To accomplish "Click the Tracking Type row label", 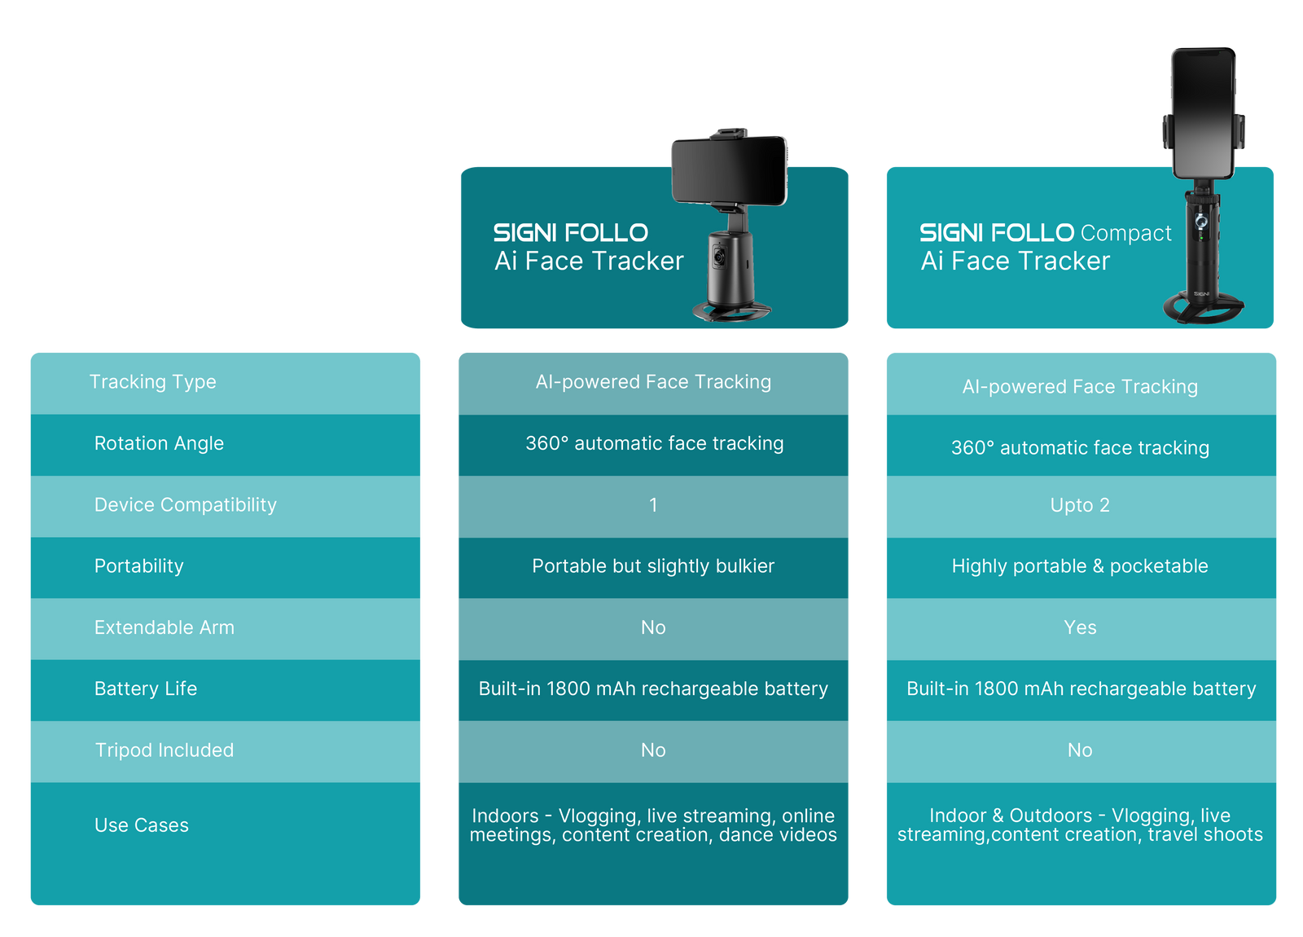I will pyautogui.click(x=152, y=382).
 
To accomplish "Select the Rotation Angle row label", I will pyautogui.click(x=159, y=443).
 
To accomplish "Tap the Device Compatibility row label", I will pyautogui.click(x=185, y=505).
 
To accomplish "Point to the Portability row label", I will pyautogui.click(x=138, y=566).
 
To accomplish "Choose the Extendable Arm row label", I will pyautogui.click(x=164, y=627).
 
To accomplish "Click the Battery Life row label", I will pyautogui.click(x=145, y=688).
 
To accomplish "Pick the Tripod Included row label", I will pyautogui.click(x=164, y=750).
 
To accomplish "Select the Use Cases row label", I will pyautogui.click(x=141, y=825).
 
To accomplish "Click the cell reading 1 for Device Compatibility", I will pyautogui.click(x=653, y=505).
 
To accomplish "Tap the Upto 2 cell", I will pyautogui.click(x=1080, y=505).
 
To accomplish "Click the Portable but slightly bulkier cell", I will pyautogui.click(x=653, y=566).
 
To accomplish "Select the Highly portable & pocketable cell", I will pyautogui.click(x=1080, y=566).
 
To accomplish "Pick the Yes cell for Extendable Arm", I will pyautogui.click(x=1080, y=627).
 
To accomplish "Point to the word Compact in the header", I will pyautogui.click(x=1125, y=234).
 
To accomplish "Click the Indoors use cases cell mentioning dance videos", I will pyautogui.click(x=653, y=825).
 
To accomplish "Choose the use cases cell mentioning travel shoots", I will pyautogui.click(x=1080, y=825).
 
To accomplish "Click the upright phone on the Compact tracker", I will pyautogui.click(x=1203, y=114).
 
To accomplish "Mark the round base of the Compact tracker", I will pyautogui.click(x=1203, y=308).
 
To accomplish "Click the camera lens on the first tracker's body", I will pyautogui.click(x=720, y=257).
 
